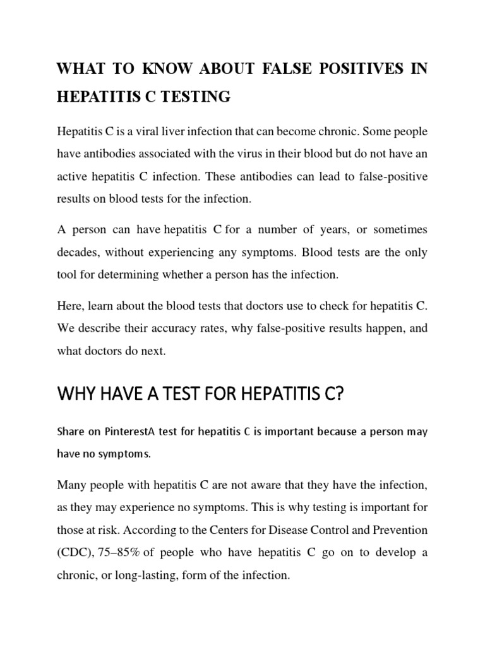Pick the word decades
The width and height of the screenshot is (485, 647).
[x=78, y=252]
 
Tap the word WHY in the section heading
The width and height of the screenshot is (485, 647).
[x=75, y=397]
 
